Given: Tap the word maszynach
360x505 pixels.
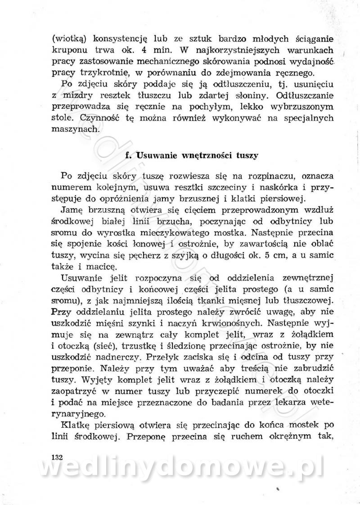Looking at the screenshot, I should pos(72,129).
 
